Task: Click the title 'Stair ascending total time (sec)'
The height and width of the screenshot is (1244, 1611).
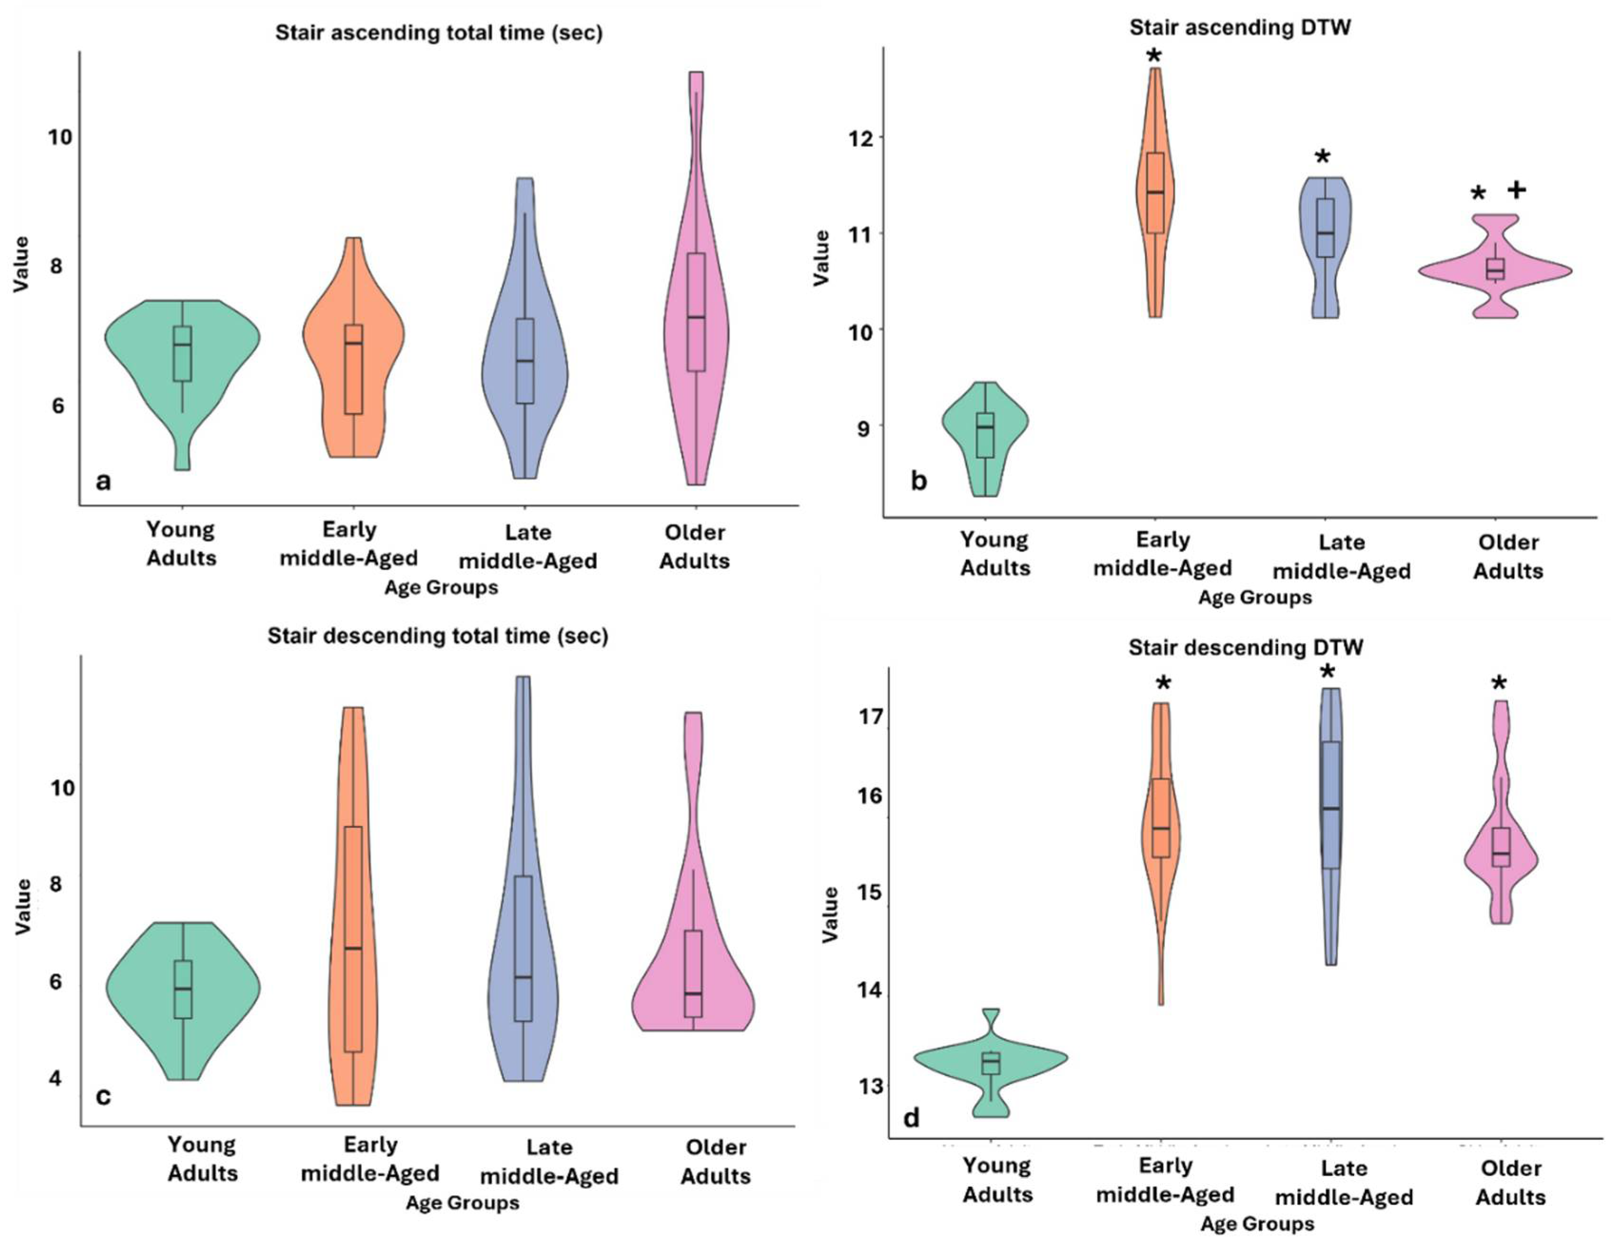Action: click(x=439, y=33)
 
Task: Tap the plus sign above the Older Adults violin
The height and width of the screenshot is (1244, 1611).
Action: click(x=1516, y=190)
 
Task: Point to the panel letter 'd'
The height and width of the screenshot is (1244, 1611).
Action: click(x=912, y=1118)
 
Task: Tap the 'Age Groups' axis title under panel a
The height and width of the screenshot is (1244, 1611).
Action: click(x=441, y=588)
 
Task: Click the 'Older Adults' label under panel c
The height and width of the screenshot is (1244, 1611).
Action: click(x=715, y=1161)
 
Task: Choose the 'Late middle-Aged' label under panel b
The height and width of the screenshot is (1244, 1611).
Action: click(x=1342, y=557)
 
